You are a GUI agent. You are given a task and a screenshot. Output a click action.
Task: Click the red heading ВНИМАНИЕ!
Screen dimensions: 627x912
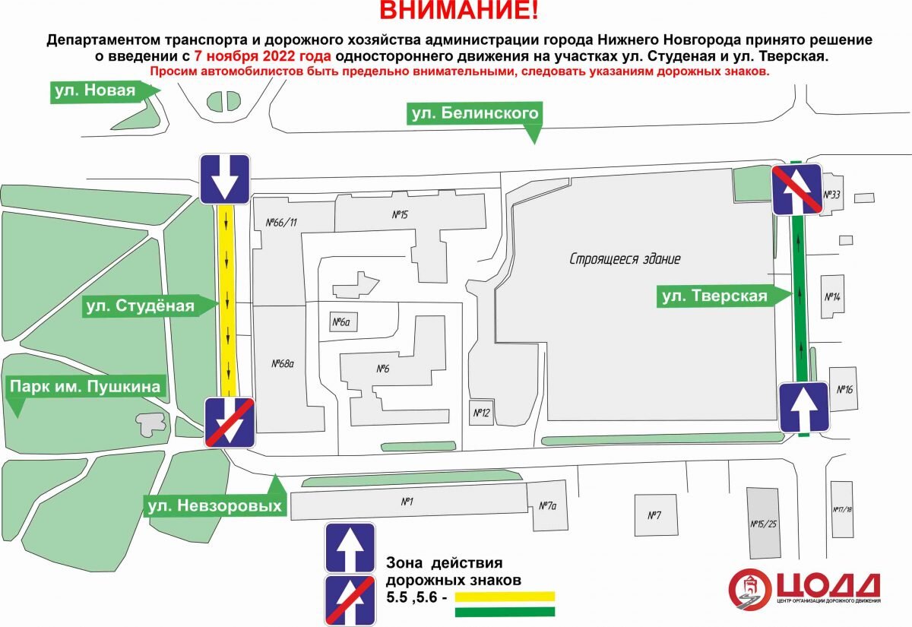tap(459, 11)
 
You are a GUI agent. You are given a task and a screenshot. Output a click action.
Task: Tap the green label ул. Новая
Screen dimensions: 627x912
tap(95, 92)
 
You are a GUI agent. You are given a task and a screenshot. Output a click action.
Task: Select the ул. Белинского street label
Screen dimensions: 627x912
tap(475, 115)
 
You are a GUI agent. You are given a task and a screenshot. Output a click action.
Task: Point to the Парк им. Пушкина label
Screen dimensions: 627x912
tap(85, 387)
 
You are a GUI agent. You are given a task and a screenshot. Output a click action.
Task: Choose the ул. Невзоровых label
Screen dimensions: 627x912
tap(214, 505)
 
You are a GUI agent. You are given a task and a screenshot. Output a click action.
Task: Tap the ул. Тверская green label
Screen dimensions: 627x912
tap(714, 296)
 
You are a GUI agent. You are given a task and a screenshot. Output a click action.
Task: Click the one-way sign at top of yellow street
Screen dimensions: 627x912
tap(225, 179)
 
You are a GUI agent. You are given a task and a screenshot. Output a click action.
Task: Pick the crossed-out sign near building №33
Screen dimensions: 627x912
tap(797, 190)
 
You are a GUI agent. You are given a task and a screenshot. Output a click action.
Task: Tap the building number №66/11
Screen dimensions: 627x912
tap(281, 223)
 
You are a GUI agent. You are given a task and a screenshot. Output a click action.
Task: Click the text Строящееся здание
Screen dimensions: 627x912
tap(625, 259)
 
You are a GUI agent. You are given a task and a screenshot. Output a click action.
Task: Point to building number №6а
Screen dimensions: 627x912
tap(342, 323)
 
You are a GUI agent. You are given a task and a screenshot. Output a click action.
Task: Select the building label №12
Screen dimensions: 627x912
tap(480, 413)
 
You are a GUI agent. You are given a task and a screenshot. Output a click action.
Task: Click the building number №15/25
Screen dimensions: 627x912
tap(763, 524)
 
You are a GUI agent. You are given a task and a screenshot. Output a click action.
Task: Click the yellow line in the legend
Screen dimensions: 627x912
tap(505, 597)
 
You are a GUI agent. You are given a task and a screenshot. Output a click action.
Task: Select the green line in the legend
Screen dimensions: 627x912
tap(505, 612)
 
